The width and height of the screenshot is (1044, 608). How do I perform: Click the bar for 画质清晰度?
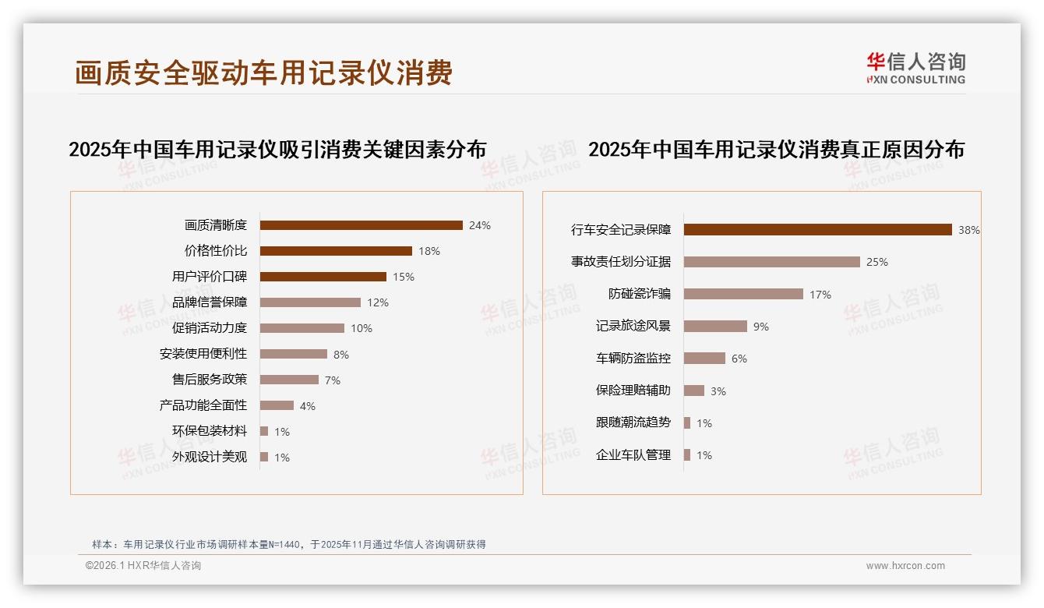tap(361, 225)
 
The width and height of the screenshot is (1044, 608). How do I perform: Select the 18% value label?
tap(429, 251)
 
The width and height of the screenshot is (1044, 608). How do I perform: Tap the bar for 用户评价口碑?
tap(323, 277)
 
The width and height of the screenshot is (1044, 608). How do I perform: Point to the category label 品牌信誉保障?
tap(210, 302)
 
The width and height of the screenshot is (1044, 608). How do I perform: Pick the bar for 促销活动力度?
tap(302, 328)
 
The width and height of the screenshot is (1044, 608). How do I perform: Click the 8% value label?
tap(341, 355)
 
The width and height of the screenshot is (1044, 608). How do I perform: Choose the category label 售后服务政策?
tap(210, 380)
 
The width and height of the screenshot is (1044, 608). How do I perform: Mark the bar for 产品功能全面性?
tap(277, 405)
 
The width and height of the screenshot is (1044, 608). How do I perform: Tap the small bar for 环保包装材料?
tap(264, 431)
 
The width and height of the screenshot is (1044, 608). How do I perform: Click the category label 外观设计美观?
tap(210, 457)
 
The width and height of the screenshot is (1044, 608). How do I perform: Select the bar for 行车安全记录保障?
tap(817, 230)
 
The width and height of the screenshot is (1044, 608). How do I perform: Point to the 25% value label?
tap(876, 262)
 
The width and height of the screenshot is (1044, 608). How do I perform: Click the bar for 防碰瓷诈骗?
tap(743, 294)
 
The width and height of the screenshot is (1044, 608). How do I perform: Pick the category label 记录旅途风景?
tap(633, 327)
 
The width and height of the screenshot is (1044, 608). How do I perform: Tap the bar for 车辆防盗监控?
tap(704, 359)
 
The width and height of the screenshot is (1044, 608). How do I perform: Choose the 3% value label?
tap(718, 391)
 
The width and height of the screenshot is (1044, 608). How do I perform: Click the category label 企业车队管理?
tap(633, 455)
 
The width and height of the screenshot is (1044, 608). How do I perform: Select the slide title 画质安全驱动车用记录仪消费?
tap(263, 73)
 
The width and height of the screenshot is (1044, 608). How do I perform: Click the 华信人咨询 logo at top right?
tap(915, 68)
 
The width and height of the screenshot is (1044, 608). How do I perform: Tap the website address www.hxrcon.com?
tap(905, 566)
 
